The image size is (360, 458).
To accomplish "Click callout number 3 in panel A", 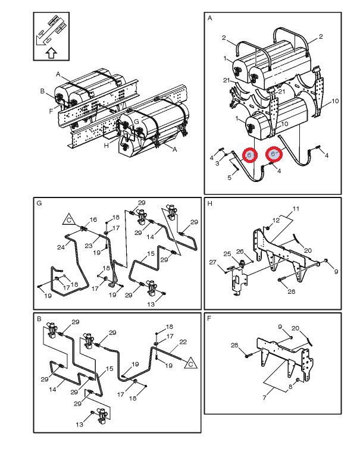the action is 217,164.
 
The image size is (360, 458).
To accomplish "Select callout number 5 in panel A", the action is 229,178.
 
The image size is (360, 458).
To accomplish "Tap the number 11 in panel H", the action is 296,209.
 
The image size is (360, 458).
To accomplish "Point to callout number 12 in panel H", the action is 276,220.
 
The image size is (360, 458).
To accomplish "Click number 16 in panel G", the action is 93,219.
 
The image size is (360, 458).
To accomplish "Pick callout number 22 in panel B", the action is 183,342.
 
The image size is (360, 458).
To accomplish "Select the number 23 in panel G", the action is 89,246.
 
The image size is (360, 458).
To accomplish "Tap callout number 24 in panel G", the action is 61,247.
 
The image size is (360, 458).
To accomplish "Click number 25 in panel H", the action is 227,254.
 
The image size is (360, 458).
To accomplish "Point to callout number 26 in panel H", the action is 240,252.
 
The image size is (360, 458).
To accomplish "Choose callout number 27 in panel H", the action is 213,262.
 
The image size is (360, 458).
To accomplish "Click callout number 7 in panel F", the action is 264,397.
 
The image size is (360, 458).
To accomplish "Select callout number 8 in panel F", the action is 290,387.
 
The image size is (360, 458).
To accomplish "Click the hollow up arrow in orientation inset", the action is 51,53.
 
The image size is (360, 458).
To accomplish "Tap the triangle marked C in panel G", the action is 69,219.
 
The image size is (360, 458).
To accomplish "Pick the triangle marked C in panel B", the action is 191,363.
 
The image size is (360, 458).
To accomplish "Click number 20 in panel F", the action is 295,328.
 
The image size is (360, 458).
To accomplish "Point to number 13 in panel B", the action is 80,425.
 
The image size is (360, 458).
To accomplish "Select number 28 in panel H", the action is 292,291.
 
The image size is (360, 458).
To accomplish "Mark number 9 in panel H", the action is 336,272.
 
